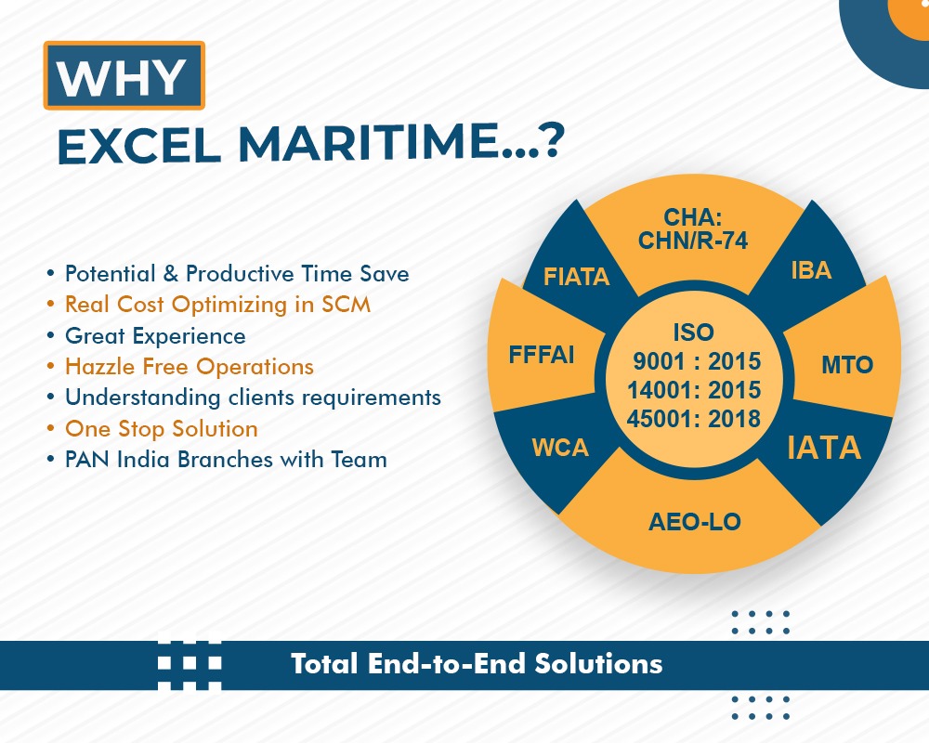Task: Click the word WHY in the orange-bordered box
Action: pos(122,77)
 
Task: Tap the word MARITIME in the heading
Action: pos(368,143)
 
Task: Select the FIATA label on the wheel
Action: pos(577,277)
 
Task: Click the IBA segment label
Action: pos(811,270)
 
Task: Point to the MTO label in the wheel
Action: pos(847,364)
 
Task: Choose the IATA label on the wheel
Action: pos(823,448)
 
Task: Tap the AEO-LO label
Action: pos(694,522)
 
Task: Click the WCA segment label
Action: pos(560,448)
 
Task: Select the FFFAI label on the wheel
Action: pos(542,354)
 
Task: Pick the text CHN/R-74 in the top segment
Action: pos(693,241)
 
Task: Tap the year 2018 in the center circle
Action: pos(734,419)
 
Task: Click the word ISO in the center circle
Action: pos(693,332)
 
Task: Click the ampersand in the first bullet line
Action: pos(171,273)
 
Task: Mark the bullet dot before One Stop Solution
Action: pos(51,428)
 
